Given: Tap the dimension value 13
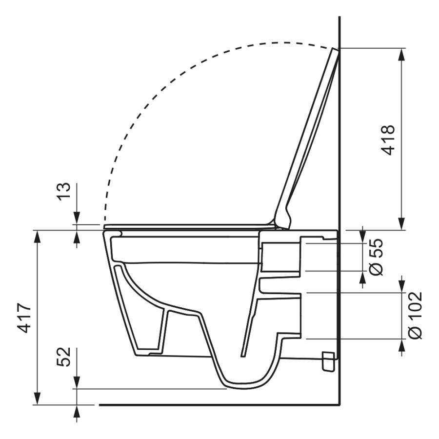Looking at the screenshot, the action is coord(63,191).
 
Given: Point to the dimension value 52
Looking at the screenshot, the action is coord(63,357).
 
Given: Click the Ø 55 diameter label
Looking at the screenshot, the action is coord(376,257).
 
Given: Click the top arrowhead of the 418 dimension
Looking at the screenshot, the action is coord(402,55).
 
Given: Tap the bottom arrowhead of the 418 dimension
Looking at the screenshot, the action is coord(402,224).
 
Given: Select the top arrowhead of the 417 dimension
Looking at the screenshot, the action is coord(37,237).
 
